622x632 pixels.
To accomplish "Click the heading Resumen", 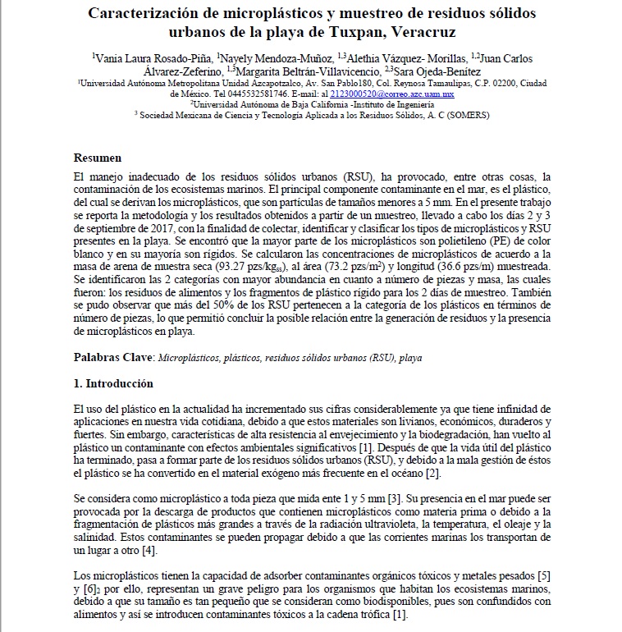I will (x=98, y=158).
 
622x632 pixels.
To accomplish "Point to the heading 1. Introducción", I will (x=113, y=383).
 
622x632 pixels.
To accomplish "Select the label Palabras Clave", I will (x=112, y=358).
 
